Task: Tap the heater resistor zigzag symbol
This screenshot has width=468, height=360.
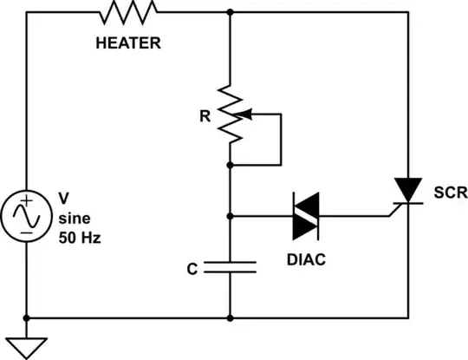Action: (129, 12)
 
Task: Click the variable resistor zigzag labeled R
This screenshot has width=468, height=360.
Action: (230, 114)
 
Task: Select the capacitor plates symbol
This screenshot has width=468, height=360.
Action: (230, 268)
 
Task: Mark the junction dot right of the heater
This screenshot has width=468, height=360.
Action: (230, 12)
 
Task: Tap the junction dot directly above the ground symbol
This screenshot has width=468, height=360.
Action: (27, 318)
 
